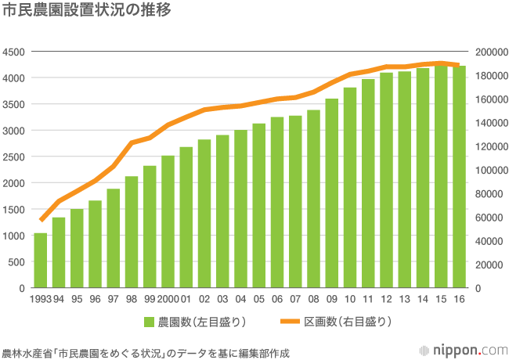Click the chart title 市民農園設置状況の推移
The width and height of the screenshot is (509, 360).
(87, 12)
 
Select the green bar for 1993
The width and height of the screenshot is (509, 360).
(40, 261)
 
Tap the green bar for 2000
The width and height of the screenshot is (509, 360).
(168, 222)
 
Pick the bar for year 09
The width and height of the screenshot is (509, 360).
(332, 193)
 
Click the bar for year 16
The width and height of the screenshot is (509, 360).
(460, 177)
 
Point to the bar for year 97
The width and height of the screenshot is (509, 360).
(113, 239)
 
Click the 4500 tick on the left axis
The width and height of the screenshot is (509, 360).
(15, 52)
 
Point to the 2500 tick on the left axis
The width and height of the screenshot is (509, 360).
(15, 157)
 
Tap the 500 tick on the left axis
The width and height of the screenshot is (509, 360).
(18, 262)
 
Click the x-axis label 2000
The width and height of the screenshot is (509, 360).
(168, 298)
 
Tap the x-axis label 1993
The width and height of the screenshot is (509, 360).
(40, 298)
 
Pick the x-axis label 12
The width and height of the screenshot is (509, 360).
(387, 298)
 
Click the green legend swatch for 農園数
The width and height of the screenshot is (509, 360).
(149, 322)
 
